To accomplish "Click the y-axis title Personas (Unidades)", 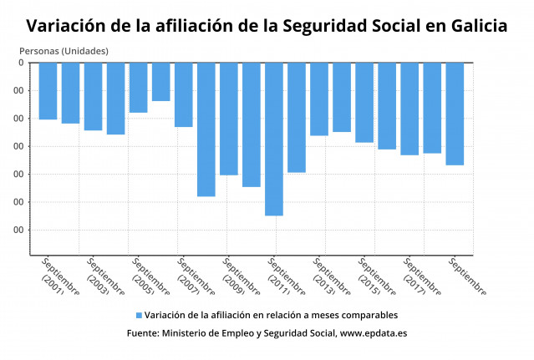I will click(64, 51).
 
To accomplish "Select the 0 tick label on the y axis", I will click(22, 63).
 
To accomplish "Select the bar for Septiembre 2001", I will click(48, 91).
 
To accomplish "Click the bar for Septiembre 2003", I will click(93, 96).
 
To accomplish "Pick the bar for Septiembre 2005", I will click(138, 88).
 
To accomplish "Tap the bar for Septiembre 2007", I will click(183, 94).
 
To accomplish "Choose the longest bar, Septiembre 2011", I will click(274, 139).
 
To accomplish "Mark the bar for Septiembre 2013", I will click(319, 99).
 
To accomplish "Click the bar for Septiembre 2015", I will click(364, 102).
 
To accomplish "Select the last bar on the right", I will click(455, 114).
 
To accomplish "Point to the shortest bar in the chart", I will click(160, 82).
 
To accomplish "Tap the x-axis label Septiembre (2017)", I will click(420, 277).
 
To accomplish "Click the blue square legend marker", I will click(139, 316).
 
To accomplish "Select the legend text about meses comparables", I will click(271, 316).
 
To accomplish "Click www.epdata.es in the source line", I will click(374, 332).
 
